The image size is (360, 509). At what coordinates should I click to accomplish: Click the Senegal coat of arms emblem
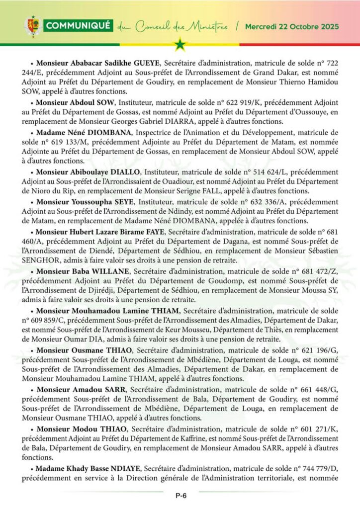(x=32, y=26)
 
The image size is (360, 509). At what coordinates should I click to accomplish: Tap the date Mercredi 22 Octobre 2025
(x=292, y=26)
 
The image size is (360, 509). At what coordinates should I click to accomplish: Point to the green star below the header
(x=180, y=45)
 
